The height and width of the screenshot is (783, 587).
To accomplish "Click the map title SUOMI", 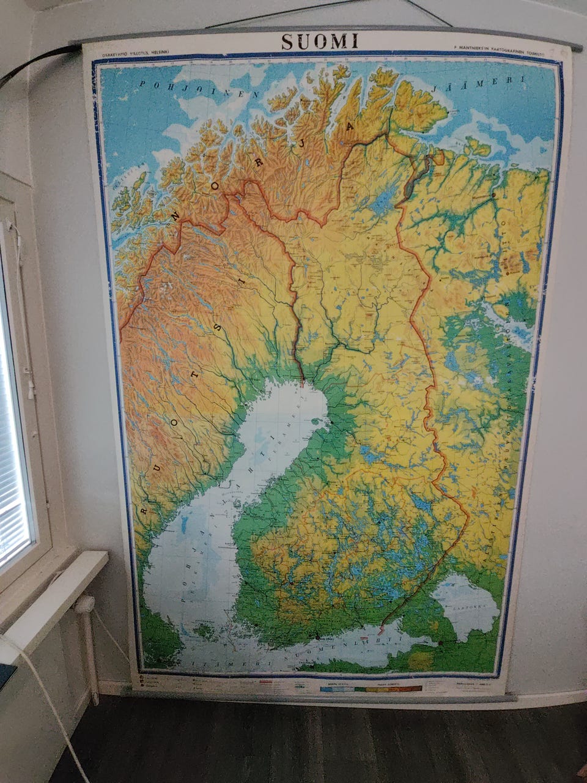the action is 319,41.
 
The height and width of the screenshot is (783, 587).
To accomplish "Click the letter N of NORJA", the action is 178,218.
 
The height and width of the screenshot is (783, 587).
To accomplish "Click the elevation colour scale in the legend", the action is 370,688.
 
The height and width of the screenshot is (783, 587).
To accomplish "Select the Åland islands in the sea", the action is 205,628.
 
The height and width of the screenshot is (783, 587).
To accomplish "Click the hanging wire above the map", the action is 330,13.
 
